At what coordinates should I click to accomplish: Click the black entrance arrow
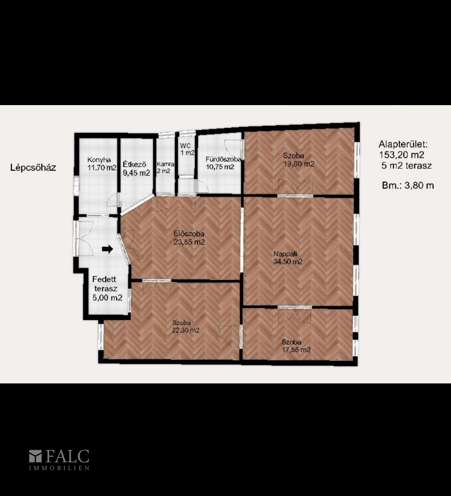107,249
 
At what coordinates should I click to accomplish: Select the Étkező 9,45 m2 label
136,168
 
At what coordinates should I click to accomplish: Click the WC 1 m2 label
187,149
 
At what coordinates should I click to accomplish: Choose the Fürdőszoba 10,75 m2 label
223,163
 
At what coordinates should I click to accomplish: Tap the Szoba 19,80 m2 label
299,160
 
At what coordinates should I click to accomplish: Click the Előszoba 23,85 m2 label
189,238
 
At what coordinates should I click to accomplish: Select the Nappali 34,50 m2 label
288,258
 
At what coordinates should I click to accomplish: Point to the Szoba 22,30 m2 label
186,327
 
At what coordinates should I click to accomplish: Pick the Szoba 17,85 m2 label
296,346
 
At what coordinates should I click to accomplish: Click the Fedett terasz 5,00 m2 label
107,288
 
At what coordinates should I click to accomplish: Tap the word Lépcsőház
33,168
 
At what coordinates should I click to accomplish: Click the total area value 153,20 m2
402,155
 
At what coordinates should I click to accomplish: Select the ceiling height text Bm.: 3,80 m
408,186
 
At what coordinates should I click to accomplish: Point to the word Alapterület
403,144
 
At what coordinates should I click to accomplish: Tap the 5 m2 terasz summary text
406,165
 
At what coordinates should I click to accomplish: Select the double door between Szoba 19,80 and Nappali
295,187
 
